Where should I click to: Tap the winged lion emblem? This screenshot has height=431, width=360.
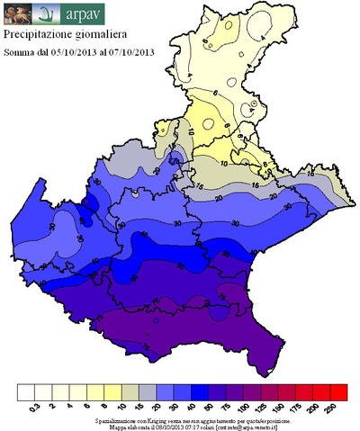[x=17, y=13]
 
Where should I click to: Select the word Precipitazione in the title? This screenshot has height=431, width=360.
[x=39, y=35]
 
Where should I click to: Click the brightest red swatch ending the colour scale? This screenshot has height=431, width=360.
[x=339, y=392]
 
